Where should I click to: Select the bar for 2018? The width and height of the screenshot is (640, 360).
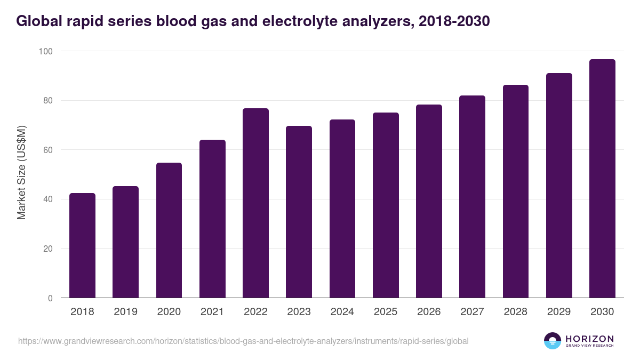click(82, 245)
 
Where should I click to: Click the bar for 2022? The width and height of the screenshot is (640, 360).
click(255, 203)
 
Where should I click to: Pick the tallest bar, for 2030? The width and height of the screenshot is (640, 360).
click(602, 179)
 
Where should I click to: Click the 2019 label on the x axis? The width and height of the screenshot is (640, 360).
click(125, 312)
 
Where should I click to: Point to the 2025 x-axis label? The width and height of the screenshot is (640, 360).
click(386, 312)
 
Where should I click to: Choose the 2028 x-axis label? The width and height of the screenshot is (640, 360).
click(516, 312)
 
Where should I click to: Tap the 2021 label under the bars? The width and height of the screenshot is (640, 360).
click(212, 312)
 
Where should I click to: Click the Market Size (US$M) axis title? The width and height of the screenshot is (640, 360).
click(21, 172)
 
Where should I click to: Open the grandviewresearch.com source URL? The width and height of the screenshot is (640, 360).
click(243, 341)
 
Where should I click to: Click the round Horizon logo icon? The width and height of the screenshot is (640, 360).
click(553, 341)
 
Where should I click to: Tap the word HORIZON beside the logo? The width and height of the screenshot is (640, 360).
click(589, 338)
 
